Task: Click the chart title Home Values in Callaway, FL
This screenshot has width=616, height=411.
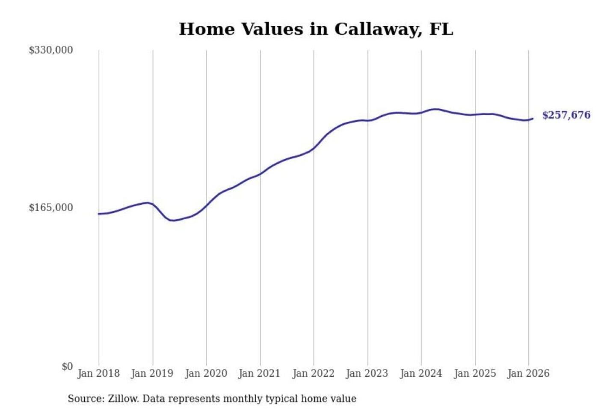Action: coord(316,29)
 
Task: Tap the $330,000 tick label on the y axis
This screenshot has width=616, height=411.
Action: coord(50,50)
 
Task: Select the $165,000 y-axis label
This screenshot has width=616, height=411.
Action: coord(50,208)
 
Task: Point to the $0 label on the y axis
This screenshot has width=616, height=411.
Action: coord(67,366)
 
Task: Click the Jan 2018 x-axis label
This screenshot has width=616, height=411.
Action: coord(98,373)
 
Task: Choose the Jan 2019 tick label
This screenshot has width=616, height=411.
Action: coord(152,373)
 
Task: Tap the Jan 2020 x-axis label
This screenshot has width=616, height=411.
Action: coord(206,373)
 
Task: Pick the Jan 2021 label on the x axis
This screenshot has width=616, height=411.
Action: coord(259,373)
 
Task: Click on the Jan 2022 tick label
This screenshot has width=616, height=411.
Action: coord(313,373)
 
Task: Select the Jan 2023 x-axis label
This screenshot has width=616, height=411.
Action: coord(367,373)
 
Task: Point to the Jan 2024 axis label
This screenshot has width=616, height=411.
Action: coord(421,373)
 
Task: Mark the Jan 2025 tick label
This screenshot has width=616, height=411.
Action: coord(475,373)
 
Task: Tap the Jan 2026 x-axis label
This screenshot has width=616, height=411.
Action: coord(528,373)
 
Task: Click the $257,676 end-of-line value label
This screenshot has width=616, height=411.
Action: coord(566,115)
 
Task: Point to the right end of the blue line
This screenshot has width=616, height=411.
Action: coord(533,119)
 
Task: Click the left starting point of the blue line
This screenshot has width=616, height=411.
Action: coord(99,214)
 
